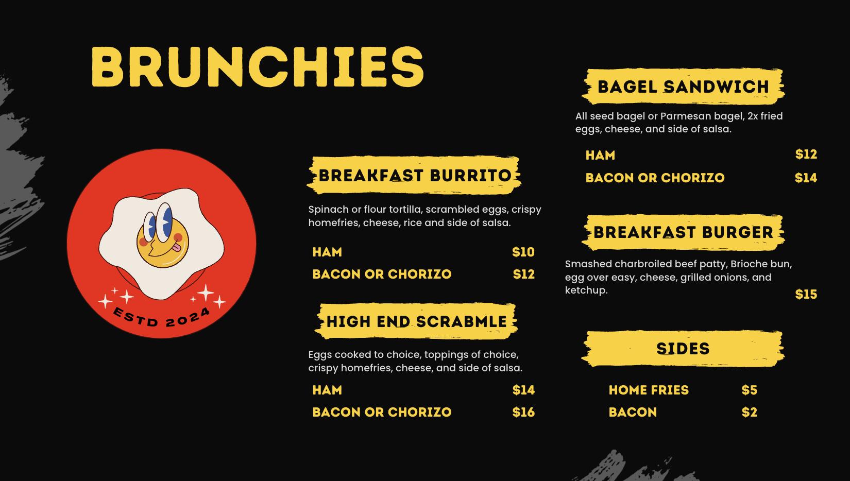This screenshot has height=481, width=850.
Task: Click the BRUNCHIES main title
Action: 258,66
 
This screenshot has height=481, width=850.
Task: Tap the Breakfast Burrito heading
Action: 415,175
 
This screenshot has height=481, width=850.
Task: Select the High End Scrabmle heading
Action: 417,321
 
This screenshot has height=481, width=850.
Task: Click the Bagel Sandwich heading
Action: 683,87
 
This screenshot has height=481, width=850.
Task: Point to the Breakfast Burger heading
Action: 683,232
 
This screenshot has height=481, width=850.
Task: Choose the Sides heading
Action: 683,349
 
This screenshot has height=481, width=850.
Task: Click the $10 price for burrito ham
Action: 523,252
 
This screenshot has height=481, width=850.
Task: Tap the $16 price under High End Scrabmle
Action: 523,412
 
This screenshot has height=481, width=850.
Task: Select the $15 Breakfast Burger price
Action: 806,294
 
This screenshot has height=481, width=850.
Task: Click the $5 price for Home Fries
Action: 749,390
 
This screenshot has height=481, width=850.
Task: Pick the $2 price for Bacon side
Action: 749,412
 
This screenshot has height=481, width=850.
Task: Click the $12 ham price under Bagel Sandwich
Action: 806,154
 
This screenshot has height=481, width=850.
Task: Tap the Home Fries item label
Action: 649,390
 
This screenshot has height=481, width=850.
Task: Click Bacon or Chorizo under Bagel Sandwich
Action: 655,178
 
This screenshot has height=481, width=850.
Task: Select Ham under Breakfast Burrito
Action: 327,252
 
